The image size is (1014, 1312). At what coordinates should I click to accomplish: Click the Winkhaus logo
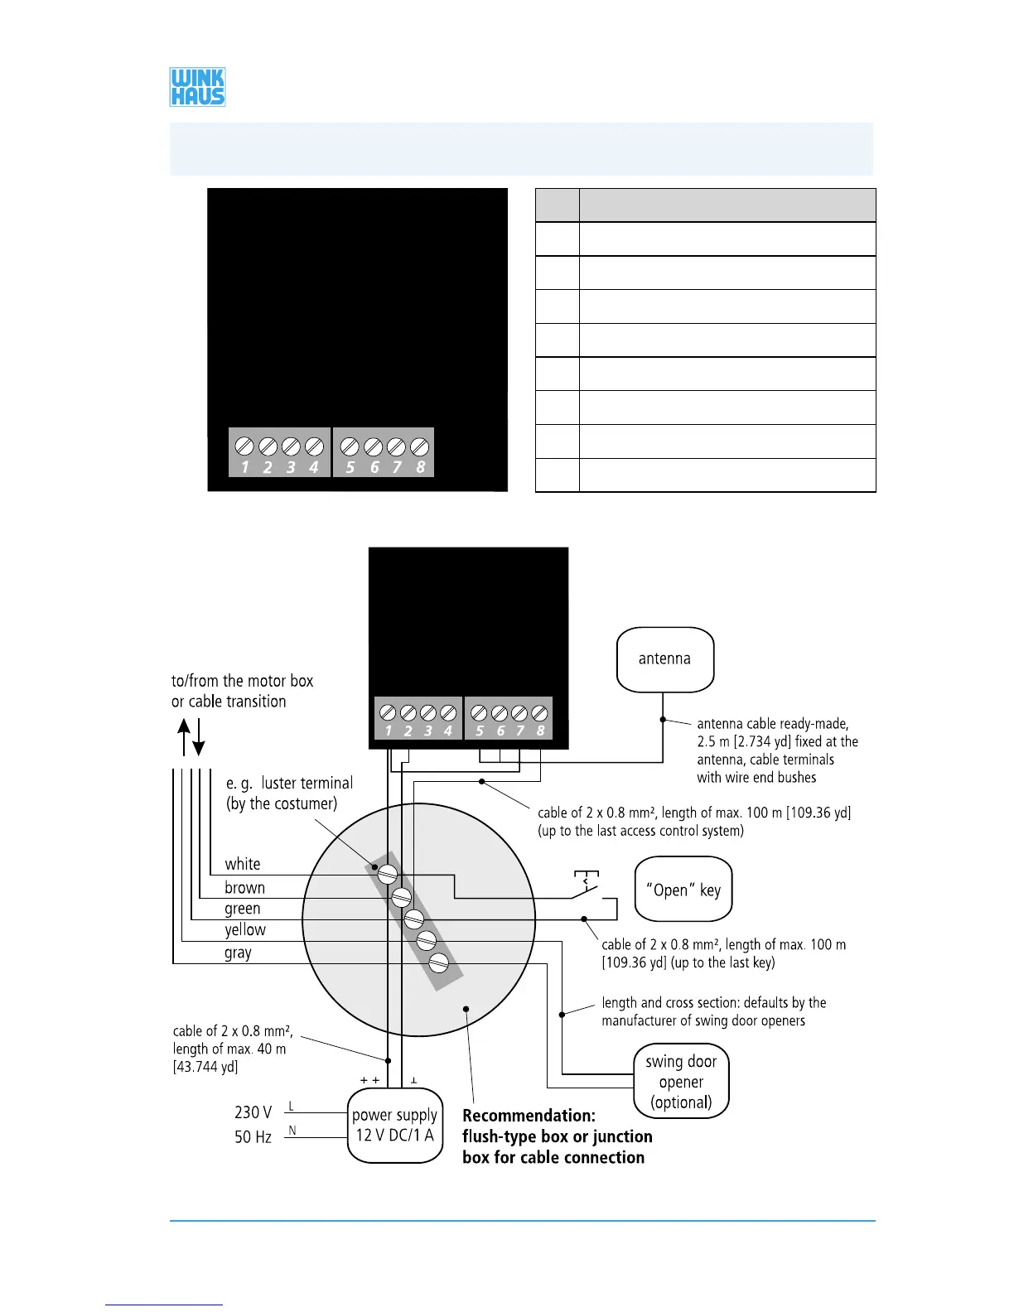[x=197, y=87]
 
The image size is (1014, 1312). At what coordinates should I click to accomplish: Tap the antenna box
[x=665, y=659]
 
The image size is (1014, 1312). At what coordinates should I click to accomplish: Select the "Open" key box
[x=683, y=890]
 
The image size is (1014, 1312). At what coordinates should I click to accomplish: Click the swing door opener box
[x=681, y=1081]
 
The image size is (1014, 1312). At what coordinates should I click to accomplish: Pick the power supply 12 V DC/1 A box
[x=394, y=1125]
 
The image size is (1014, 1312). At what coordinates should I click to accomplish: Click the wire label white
[x=242, y=864]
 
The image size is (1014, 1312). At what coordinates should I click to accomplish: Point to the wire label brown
[x=244, y=887]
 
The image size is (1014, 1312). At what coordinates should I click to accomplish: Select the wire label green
[x=242, y=909]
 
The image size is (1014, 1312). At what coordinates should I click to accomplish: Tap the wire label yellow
[x=245, y=930]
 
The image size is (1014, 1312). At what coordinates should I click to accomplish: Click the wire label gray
[x=238, y=953]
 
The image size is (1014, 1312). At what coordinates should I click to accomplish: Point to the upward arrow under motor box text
[x=185, y=736]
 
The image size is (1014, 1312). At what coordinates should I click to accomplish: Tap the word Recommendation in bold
[x=529, y=1116]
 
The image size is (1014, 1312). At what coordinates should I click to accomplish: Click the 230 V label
[x=253, y=1112]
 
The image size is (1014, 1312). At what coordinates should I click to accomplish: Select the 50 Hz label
[x=253, y=1137]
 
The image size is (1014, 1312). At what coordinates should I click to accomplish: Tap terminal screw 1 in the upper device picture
[x=244, y=446]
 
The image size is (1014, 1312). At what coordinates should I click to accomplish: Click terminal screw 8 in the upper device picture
[x=420, y=446]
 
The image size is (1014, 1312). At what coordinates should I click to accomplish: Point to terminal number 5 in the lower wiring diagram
[x=480, y=731]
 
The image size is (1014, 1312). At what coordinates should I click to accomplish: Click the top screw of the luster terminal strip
[x=388, y=874]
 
